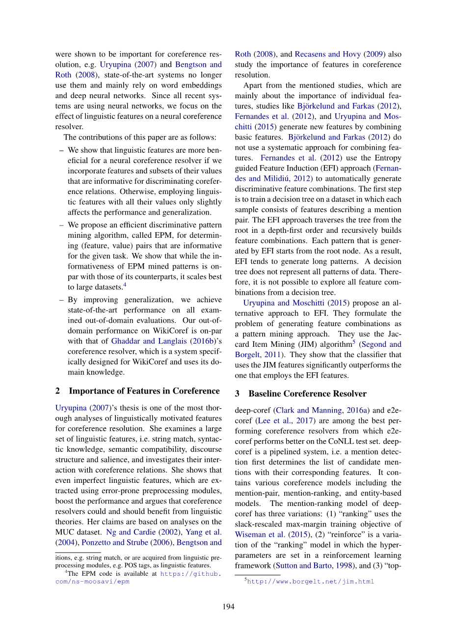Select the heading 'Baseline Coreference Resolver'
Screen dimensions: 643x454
click(307, 393)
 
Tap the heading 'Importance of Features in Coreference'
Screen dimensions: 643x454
click(144, 391)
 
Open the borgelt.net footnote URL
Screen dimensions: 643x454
click(310, 582)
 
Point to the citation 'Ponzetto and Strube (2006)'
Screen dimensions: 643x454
click(115, 542)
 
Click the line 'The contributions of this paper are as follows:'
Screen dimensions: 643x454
click(140, 137)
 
